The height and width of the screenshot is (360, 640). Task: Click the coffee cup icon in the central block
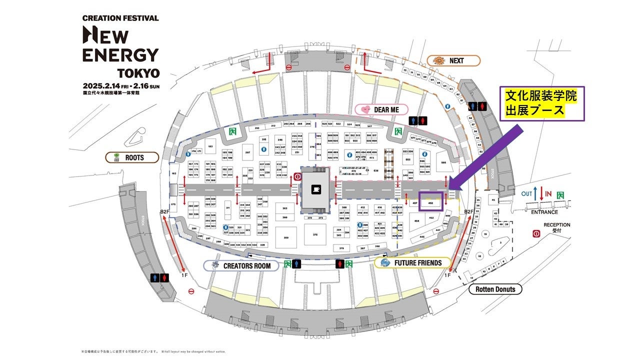(x=315, y=189)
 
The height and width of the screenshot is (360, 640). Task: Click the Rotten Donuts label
(x=495, y=289)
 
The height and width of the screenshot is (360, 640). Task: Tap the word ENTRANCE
(x=544, y=212)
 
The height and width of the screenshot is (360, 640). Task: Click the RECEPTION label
(x=557, y=225)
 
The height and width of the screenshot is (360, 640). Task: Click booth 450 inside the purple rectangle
(x=430, y=202)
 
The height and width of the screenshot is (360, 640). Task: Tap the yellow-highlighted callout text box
(x=542, y=102)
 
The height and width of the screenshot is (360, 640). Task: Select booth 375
(x=315, y=234)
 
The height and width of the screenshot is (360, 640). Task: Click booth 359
(x=286, y=237)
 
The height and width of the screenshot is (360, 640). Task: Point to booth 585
(x=443, y=162)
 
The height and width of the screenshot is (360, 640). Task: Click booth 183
(x=210, y=146)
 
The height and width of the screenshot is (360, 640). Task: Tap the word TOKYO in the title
(x=138, y=73)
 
